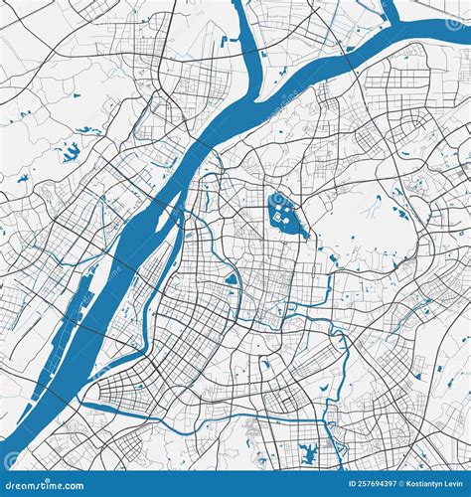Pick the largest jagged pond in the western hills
pos(71,152)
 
